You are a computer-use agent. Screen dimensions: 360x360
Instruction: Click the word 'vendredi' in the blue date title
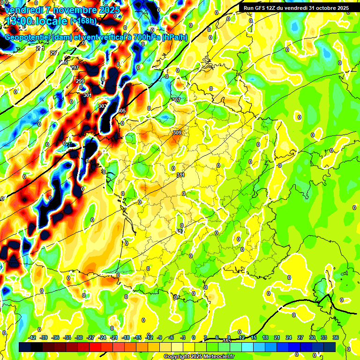click(x=23, y=9)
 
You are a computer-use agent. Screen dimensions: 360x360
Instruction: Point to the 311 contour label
click(x=180, y=175)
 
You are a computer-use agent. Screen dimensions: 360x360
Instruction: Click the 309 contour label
click(x=177, y=133)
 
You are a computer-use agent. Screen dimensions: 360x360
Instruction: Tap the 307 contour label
click(x=176, y=100)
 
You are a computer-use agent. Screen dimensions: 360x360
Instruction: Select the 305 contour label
click(x=121, y=111)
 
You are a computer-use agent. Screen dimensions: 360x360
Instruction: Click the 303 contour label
click(x=102, y=106)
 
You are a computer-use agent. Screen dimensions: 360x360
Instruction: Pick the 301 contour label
click(x=88, y=95)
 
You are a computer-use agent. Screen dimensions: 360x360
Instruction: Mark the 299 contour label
click(x=80, y=81)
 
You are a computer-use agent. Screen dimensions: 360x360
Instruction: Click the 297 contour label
click(x=75, y=67)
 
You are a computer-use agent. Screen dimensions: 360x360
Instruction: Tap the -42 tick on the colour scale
click(x=32, y=337)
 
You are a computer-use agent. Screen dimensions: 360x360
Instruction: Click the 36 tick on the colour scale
click(x=336, y=337)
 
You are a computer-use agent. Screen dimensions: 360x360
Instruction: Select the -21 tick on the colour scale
click(x=114, y=337)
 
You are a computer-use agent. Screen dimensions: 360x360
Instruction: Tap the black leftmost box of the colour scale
click(x=25, y=347)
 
